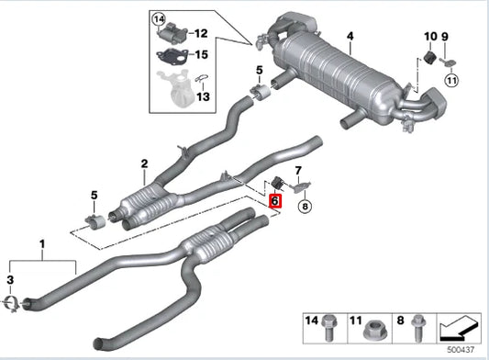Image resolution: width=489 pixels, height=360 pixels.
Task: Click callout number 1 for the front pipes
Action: click(41, 244)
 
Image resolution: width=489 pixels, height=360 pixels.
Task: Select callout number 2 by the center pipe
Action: click(144, 164)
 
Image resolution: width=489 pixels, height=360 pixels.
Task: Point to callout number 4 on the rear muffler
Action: click(349, 37)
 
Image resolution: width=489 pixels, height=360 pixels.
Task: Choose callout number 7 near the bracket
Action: click(297, 171)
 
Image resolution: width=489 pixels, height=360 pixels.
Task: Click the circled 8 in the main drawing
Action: click(306, 208)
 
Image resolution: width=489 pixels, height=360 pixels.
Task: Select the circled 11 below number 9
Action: click(450, 81)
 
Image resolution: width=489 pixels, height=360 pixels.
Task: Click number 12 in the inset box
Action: click(201, 33)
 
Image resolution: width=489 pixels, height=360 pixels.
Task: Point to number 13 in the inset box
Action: click(203, 96)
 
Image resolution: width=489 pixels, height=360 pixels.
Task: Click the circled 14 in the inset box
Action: click(159, 18)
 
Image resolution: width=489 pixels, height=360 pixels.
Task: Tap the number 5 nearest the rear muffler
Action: click(259, 70)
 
